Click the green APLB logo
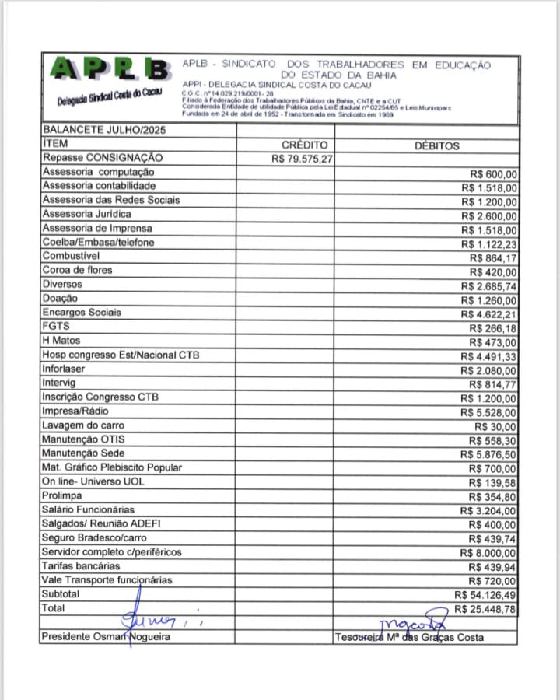[109, 72]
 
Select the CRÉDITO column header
[304, 145]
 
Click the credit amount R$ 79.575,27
[303, 159]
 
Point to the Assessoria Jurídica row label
[86, 214]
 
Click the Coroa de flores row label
[77, 270]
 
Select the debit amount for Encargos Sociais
[488, 313]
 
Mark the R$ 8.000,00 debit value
[488, 553]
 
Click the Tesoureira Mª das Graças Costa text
[409, 638]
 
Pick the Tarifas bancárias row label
[81, 565]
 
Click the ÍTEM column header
[56, 145]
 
